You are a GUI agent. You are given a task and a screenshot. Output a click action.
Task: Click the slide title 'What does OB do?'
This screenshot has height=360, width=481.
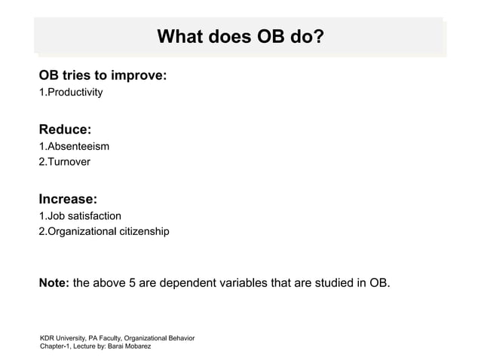tap(240, 36)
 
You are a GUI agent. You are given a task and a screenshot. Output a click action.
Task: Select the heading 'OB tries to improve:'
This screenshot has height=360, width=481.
tap(103, 77)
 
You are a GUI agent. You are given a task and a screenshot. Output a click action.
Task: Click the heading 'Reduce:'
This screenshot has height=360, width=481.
tap(65, 130)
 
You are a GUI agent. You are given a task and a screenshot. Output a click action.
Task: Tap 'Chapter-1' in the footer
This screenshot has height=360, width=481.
tap(57, 349)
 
